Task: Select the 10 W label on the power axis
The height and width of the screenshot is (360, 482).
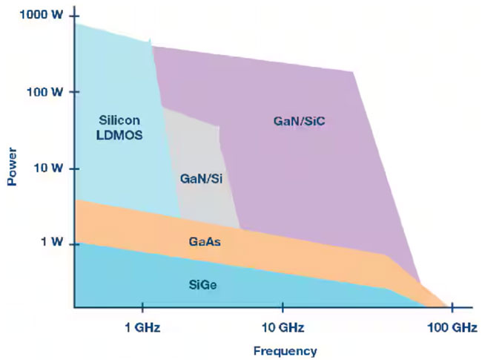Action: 47,168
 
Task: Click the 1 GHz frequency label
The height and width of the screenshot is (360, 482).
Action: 142,327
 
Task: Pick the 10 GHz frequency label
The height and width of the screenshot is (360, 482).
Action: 282,327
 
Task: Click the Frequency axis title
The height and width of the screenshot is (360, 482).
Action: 285,351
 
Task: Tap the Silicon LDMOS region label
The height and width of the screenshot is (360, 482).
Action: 120,127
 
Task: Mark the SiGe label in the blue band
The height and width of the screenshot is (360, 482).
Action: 201,284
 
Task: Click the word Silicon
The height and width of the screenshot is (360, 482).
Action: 120,120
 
